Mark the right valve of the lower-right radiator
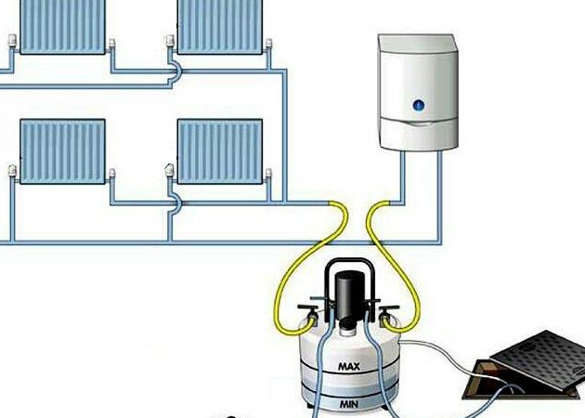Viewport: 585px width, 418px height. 268,174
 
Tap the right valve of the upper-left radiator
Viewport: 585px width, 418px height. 111,45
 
